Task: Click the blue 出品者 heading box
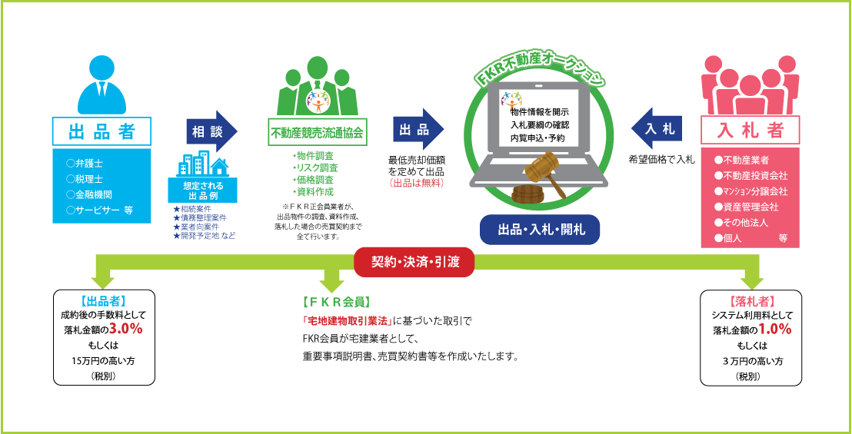tap(102, 131)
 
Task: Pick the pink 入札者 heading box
tap(750, 131)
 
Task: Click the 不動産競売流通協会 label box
tap(318, 132)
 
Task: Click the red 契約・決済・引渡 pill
tap(414, 262)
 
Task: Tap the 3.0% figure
tap(125, 329)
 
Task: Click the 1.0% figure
tap(774, 329)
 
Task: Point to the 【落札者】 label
tap(751, 302)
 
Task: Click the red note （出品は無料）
tap(417, 183)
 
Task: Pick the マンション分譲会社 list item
tap(750, 191)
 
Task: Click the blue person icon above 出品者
tap(102, 84)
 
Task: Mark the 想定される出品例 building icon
tap(202, 163)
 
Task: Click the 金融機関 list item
tap(89, 194)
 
